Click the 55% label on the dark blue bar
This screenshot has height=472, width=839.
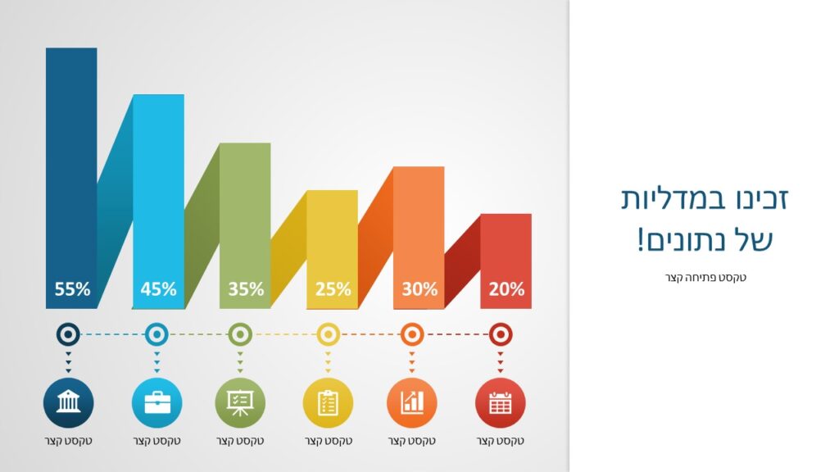72,289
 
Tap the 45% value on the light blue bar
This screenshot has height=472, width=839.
158,289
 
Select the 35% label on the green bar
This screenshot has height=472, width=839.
246,289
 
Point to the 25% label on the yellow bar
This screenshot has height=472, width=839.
333,289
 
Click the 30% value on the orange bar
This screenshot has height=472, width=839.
419,289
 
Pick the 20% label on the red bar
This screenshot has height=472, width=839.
506,289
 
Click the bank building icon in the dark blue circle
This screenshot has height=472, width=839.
69,402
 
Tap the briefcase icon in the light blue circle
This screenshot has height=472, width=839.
156,402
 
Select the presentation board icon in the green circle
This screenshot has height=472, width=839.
240,403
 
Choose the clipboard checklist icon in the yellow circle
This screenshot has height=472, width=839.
328,403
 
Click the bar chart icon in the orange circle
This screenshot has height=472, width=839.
412,402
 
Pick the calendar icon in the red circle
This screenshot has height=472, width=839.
501,403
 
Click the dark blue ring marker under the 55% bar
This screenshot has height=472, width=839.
68,334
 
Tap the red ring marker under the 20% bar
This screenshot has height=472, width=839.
501,334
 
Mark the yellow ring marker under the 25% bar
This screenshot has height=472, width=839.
328,334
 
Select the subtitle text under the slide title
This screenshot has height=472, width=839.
705,277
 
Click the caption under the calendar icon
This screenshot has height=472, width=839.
501,441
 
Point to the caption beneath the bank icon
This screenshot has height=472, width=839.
69,441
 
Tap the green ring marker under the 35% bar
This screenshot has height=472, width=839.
240,334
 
